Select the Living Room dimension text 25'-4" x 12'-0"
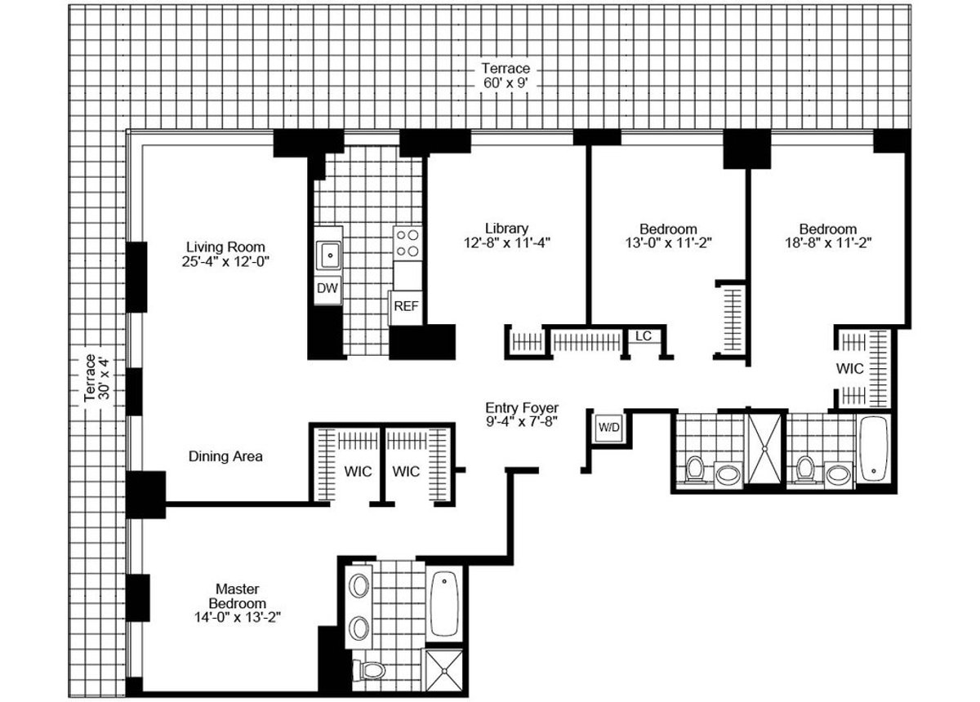click(x=225, y=262)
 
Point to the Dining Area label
click(x=225, y=456)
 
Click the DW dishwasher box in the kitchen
click(x=327, y=288)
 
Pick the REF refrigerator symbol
click(x=405, y=306)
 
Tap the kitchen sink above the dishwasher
click(x=330, y=256)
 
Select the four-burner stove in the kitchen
click(x=407, y=242)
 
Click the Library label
click(x=506, y=229)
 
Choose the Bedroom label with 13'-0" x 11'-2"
click(x=667, y=229)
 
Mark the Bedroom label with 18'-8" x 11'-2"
click(x=827, y=229)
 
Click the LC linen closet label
click(x=643, y=336)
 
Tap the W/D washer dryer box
click(x=608, y=427)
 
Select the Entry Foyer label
click(x=522, y=407)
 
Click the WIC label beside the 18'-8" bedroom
click(x=850, y=369)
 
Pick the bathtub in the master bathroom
click(x=444, y=604)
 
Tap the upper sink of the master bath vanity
click(x=359, y=585)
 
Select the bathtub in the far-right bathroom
click(x=873, y=449)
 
